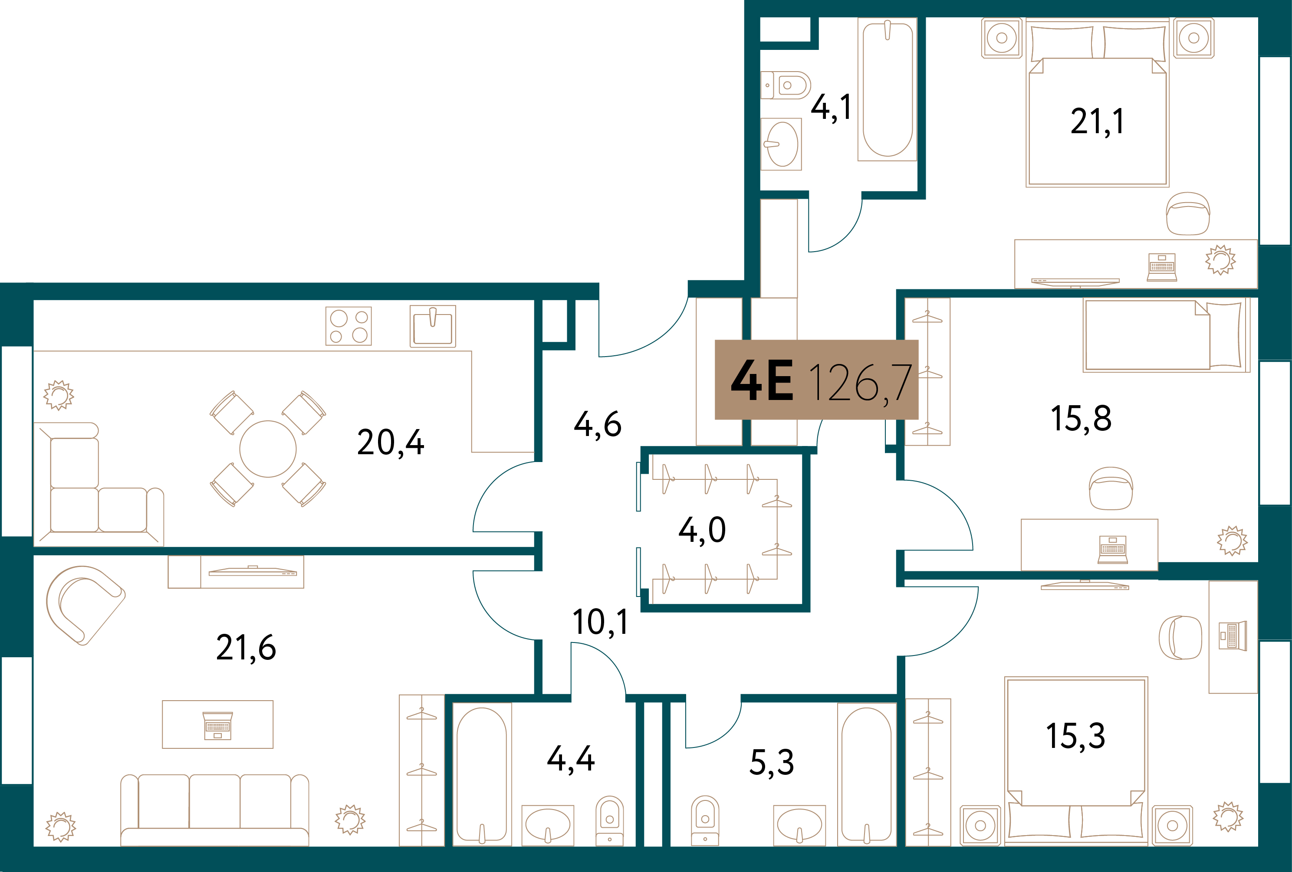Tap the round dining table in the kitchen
267,449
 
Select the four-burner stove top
348,326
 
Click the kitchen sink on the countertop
433,326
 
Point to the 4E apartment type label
762,381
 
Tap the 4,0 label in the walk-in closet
702,530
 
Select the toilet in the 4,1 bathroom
785,85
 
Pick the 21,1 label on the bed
1097,122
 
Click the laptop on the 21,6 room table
217,725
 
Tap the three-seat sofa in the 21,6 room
214,809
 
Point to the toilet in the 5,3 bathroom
705,820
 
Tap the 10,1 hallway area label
600,622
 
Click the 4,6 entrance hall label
598,425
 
